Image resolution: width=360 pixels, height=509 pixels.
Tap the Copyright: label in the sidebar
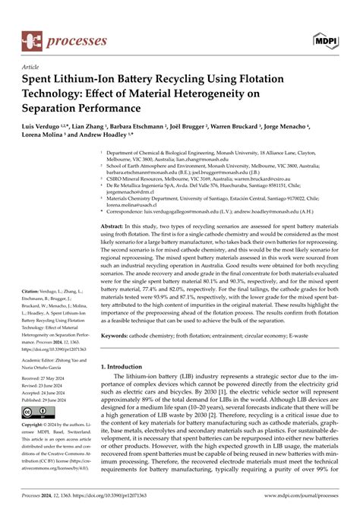point(36,427)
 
